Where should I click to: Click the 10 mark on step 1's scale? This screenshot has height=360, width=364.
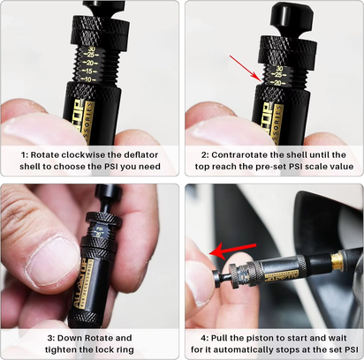[86, 79]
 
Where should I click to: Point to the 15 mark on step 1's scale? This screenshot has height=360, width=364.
[87, 71]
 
